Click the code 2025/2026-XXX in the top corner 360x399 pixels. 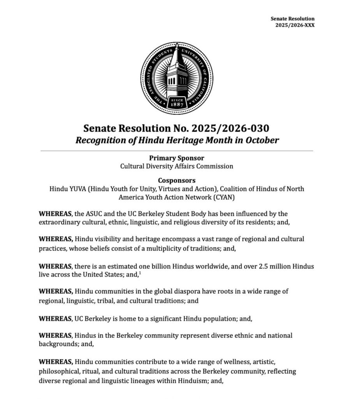pos(295,25)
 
